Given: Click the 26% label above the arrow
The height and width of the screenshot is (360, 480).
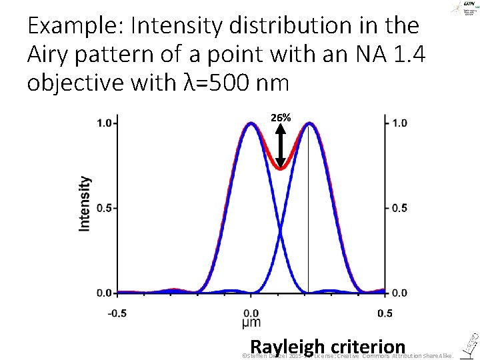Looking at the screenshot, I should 281,117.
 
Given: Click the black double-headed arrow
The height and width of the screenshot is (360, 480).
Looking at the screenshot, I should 281,145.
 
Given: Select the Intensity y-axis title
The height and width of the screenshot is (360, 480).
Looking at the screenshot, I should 85,203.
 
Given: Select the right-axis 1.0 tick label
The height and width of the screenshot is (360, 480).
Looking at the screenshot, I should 398,123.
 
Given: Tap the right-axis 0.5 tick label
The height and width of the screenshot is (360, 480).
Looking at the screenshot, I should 398,208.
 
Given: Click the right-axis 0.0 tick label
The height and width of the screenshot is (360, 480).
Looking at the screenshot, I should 398,293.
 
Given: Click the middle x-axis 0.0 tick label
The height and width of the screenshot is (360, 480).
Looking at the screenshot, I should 251,313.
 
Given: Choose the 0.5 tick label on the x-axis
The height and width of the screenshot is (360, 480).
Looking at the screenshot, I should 385,313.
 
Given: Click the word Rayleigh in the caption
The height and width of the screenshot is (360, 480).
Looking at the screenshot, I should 287,347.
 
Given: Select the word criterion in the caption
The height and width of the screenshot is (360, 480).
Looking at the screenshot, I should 367,347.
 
